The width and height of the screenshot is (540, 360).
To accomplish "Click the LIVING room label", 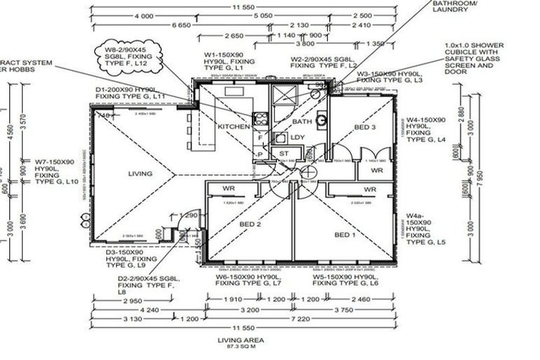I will tap(141, 173).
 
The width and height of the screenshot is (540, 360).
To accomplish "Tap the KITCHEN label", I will tap(234, 126).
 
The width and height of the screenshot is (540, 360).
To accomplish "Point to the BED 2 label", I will tap(250, 224).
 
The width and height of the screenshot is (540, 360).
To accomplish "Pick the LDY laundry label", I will tap(297, 137).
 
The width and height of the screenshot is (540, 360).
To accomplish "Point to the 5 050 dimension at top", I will tap(262, 15).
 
